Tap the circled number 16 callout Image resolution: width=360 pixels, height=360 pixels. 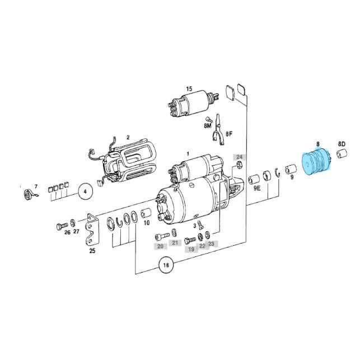[165, 265]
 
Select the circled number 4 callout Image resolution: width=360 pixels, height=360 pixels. [86, 191]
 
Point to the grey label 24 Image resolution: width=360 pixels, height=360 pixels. [239, 156]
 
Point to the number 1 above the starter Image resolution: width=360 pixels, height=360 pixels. [188, 153]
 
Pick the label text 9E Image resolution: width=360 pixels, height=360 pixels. [256, 190]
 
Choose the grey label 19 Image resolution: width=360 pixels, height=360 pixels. [190, 249]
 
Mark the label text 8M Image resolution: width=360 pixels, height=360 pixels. [208, 127]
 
